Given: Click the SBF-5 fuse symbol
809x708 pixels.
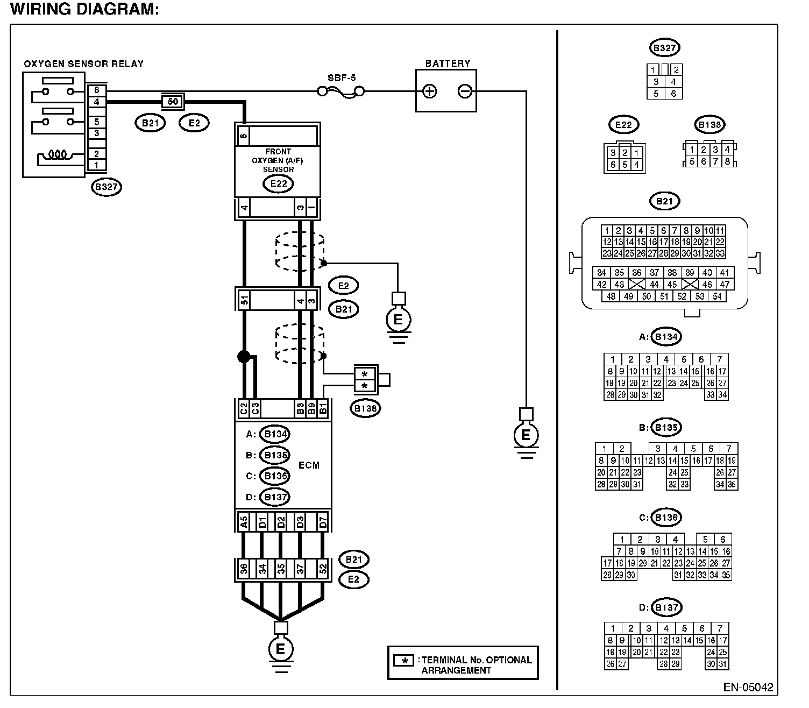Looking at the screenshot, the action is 341,93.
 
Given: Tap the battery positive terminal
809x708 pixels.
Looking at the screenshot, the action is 429,91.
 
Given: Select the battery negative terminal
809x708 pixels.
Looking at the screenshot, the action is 465,91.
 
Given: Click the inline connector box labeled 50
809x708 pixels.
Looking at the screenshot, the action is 173,102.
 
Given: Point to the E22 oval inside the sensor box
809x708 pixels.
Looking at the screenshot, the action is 279,183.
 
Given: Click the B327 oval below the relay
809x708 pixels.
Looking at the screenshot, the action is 107,187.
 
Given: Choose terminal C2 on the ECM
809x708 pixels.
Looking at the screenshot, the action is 244,408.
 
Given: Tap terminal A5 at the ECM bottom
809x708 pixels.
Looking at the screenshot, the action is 244,522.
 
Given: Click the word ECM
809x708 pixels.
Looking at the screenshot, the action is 309,465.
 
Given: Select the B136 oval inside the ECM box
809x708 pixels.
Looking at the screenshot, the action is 275,476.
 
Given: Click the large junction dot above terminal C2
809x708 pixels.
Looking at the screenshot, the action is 244,356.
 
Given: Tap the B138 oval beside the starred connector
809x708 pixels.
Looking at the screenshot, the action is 365,408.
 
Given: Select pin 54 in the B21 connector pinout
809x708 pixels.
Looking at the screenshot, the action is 717,296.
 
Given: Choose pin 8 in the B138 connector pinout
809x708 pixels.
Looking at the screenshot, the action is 727,161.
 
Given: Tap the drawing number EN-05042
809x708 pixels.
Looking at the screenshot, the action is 748,687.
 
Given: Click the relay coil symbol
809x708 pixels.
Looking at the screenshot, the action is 58,154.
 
